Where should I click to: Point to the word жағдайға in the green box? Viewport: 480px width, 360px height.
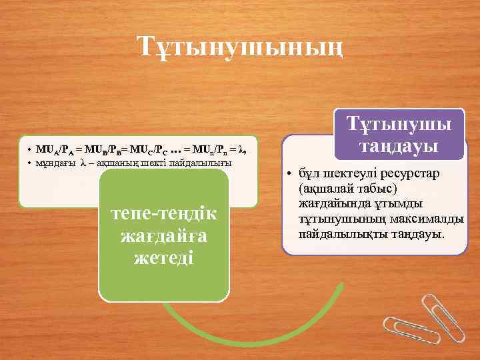tap(164, 237)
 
